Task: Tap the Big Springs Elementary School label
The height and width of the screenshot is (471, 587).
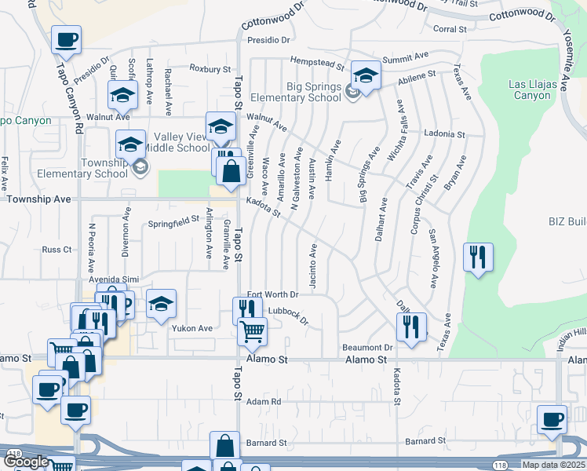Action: [296, 92]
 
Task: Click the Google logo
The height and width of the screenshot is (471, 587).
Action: [26, 462]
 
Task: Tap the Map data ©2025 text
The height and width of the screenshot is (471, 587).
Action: [553, 465]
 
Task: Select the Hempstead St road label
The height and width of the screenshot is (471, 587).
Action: [317, 61]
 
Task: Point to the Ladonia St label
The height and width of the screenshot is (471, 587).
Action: [444, 133]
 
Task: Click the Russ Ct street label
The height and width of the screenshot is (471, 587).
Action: [57, 250]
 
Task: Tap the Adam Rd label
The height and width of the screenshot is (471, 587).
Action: [264, 401]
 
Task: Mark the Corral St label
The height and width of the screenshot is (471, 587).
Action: [450, 30]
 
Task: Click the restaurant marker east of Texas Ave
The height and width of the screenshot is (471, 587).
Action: [478, 257]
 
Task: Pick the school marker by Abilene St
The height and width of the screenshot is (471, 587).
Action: [365, 76]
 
